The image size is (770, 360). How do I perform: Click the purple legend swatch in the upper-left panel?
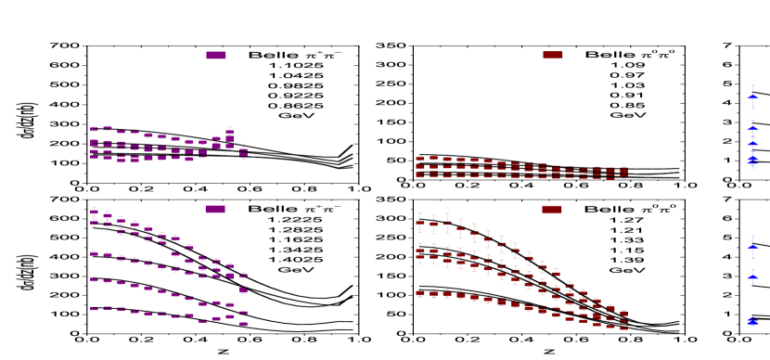(x=215, y=55)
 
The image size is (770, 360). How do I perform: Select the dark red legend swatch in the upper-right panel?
(x=553, y=55)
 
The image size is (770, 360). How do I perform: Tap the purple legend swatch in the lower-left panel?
(x=215, y=209)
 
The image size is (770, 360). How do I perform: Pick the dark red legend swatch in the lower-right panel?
(x=552, y=209)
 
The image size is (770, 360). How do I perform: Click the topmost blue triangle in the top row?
(x=752, y=96)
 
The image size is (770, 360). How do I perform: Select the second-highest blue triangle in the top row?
(x=752, y=129)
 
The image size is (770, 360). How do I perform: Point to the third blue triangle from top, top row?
(x=752, y=144)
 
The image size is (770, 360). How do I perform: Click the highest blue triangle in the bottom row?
(x=752, y=247)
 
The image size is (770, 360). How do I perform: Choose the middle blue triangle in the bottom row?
(x=752, y=276)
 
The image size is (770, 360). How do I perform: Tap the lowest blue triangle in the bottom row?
(x=752, y=321)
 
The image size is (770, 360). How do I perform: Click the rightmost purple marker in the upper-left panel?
(x=243, y=151)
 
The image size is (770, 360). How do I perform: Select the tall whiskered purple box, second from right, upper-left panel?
(x=229, y=135)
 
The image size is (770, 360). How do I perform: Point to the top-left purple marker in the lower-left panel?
(x=94, y=212)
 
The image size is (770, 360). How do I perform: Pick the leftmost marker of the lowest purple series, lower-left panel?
(x=94, y=308)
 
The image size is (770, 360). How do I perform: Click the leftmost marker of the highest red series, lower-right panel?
(x=420, y=223)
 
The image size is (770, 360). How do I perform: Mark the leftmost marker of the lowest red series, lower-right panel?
(x=420, y=292)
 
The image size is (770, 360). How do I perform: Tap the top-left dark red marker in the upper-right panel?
(x=420, y=159)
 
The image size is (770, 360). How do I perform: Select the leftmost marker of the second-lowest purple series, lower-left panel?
(x=94, y=278)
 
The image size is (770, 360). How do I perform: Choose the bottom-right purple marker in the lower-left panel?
(x=243, y=324)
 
